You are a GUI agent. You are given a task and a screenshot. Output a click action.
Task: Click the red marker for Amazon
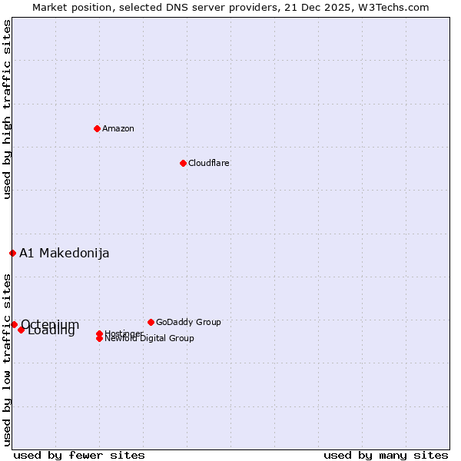[x=97, y=128]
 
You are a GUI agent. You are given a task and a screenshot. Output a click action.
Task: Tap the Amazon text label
[x=118, y=128]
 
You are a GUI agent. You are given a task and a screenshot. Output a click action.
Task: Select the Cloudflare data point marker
[x=183, y=163]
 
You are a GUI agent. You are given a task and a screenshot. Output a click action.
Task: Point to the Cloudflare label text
[x=209, y=163]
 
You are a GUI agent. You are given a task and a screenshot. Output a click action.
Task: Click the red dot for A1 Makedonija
[x=12, y=253]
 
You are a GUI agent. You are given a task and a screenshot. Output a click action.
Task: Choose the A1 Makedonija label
[x=65, y=254]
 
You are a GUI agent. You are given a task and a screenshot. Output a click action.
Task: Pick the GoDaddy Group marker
[x=151, y=322]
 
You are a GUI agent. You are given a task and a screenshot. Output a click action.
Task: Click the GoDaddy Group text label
[x=188, y=322]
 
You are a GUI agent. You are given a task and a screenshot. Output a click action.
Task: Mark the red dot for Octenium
[x=14, y=324]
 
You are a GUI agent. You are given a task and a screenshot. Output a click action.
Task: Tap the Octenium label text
[x=50, y=323]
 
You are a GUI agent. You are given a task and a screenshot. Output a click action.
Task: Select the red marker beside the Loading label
[x=22, y=330]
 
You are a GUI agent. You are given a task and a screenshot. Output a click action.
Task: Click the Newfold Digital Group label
[x=150, y=339]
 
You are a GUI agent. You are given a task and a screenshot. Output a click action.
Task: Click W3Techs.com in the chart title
[x=390, y=7]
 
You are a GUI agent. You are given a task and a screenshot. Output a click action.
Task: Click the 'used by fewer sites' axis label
[x=79, y=455]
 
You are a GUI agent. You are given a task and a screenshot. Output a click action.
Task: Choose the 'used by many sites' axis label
[x=386, y=455]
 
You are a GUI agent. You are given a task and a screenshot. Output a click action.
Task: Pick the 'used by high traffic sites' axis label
[x=7, y=109]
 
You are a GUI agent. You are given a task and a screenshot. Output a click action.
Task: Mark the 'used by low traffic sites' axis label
[x=7, y=360]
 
